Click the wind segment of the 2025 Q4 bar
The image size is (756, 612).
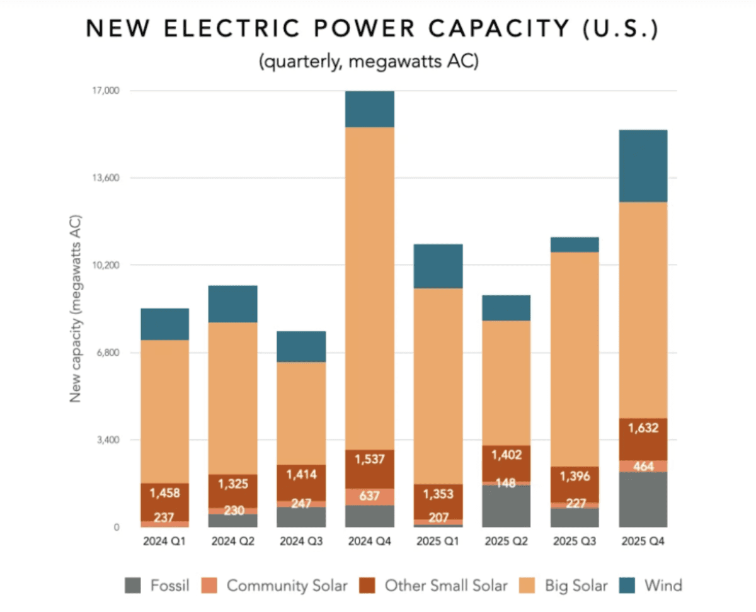[643, 166]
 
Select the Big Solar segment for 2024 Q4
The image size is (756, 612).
[370, 288]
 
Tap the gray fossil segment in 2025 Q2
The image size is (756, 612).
[507, 506]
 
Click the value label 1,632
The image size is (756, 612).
[643, 428]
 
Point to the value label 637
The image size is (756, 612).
[370, 496]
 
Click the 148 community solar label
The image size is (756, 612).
[507, 484]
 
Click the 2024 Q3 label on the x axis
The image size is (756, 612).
[301, 541]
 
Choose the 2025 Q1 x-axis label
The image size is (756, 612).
[438, 541]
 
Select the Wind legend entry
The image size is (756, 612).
[662, 586]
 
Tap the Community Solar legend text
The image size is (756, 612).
[287, 586]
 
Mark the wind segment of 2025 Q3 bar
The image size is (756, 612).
[575, 244]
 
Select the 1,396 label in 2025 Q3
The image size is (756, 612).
[575, 477]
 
